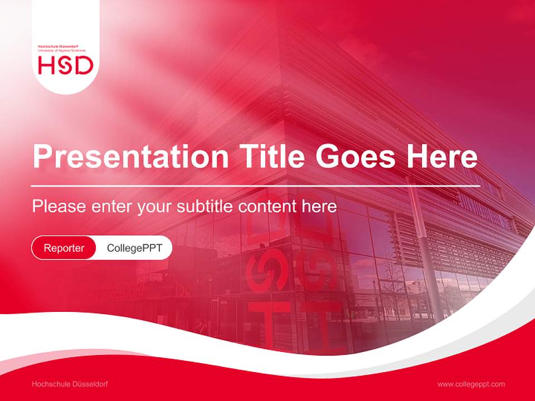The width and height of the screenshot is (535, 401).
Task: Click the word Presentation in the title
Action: tap(130, 157)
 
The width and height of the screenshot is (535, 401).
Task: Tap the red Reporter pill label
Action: tap(64, 248)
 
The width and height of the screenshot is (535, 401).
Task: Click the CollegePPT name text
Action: tap(134, 248)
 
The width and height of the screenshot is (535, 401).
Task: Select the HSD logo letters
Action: tap(66, 66)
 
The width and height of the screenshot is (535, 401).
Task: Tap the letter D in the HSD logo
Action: tap(84, 66)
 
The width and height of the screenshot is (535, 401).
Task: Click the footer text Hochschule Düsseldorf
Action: tap(70, 384)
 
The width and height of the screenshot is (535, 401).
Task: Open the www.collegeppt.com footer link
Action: tap(471, 384)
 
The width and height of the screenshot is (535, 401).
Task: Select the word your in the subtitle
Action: tap(155, 207)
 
